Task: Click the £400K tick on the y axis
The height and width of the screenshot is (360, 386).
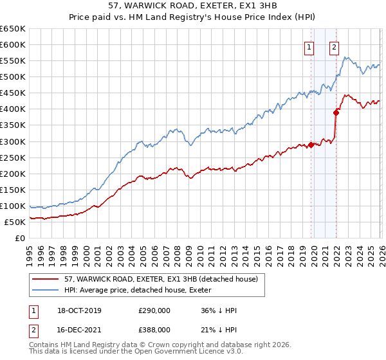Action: (x=13, y=109)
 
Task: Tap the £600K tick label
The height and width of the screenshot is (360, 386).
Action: (x=13, y=45)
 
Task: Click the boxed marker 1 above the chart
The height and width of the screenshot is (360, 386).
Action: (x=309, y=46)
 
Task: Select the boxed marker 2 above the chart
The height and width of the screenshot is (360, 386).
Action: (x=335, y=46)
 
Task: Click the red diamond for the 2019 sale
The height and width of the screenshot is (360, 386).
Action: (x=311, y=145)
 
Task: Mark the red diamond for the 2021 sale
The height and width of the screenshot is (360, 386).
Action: (x=336, y=113)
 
